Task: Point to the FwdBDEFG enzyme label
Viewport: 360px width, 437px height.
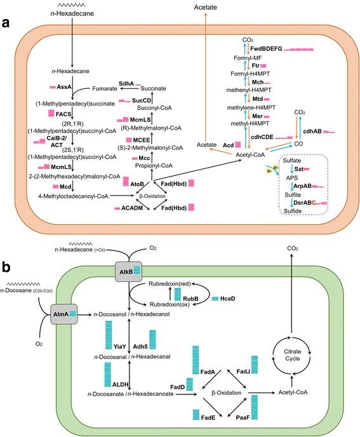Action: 266,49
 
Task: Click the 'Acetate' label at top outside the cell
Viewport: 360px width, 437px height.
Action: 199,6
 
